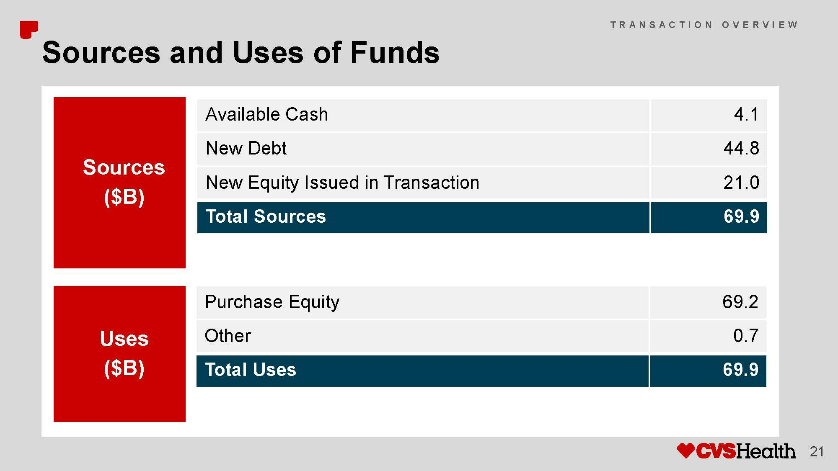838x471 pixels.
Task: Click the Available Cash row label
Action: [x=266, y=114]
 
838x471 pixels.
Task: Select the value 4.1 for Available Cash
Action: [x=746, y=114]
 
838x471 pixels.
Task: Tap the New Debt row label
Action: [x=246, y=148]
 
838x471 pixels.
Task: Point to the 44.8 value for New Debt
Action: [x=741, y=148]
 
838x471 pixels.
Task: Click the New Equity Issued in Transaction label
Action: [x=342, y=183]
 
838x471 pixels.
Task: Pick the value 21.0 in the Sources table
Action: [x=741, y=183]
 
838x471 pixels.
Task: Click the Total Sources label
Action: [x=266, y=216]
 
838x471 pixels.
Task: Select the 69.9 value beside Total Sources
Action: [x=741, y=216]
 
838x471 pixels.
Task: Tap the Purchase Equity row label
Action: [x=272, y=302]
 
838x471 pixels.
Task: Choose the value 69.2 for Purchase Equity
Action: [x=740, y=302]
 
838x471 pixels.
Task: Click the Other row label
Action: [x=228, y=336]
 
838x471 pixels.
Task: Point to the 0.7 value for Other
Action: [x=746, y=336]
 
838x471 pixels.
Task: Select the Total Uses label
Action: [x=250, y=370]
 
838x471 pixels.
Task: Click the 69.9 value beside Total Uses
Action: [x=740, y=370]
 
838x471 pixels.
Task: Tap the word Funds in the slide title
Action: [x=395, y=53]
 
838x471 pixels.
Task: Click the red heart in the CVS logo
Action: [x=686, y=450]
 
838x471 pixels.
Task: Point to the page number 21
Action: [x=817, y=452]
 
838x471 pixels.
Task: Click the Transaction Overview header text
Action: [x=704, y=25]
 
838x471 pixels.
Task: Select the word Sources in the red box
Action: [x=124, y=167]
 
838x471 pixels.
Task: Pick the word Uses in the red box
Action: [x=124, y=339]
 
